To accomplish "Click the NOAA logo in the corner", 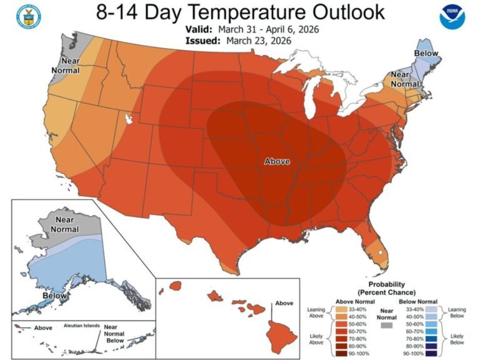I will coord(454,17).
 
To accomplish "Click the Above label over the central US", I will coord(277,162).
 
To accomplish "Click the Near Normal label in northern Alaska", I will coord(65,224).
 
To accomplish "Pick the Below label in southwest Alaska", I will coord(56,294).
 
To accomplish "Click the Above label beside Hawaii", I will coord(284,303).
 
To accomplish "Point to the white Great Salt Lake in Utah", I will coord(131,117).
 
